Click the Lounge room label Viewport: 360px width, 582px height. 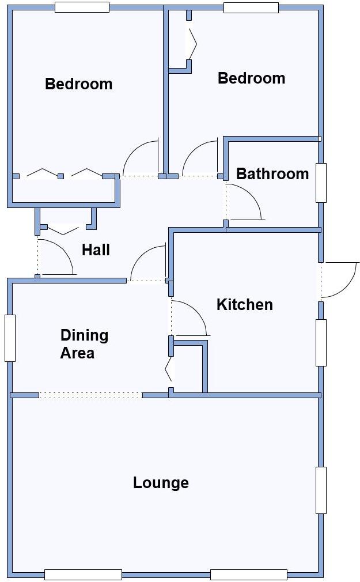tap(161, 482)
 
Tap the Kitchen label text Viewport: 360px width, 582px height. tap(244, 304)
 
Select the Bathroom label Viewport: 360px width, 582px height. tap(272, 173)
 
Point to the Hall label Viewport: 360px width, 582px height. tap(96, 250)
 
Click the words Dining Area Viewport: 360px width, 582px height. tap(84, 343)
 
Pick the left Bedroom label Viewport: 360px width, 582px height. tap(78, 84)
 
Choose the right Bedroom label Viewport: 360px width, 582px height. tap(251, 78)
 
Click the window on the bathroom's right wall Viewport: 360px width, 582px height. tap(321, 183)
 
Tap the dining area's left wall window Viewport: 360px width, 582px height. tap(9, 338)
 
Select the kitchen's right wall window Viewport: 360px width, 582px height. tap(321, 342)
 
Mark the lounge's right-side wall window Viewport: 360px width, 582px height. tap(321, 490)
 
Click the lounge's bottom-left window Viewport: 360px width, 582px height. tap(83, 574)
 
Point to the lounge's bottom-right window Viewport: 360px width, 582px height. tap(248, 574)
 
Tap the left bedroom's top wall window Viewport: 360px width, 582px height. tap(82, 7)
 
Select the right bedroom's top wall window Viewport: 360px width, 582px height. tap(251, 7)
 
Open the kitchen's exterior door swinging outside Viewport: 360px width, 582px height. tap(340, 279)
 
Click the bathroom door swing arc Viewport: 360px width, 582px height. tap(248, 202)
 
